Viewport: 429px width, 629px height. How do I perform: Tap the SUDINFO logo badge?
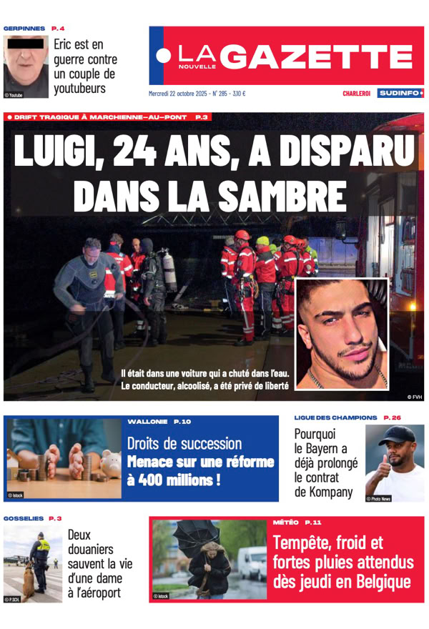click(x=400, y=93)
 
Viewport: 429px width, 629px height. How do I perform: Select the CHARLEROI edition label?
click(x=355, y=94)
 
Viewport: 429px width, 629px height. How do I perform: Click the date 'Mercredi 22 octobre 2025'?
click(x=178, y=93)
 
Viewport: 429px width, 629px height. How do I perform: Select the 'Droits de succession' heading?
click(x=184, y=444)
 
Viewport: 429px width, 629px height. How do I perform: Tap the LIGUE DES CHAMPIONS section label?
click(x=335, y=417)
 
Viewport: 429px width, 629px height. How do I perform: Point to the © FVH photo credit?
click(x=414, y=395)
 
